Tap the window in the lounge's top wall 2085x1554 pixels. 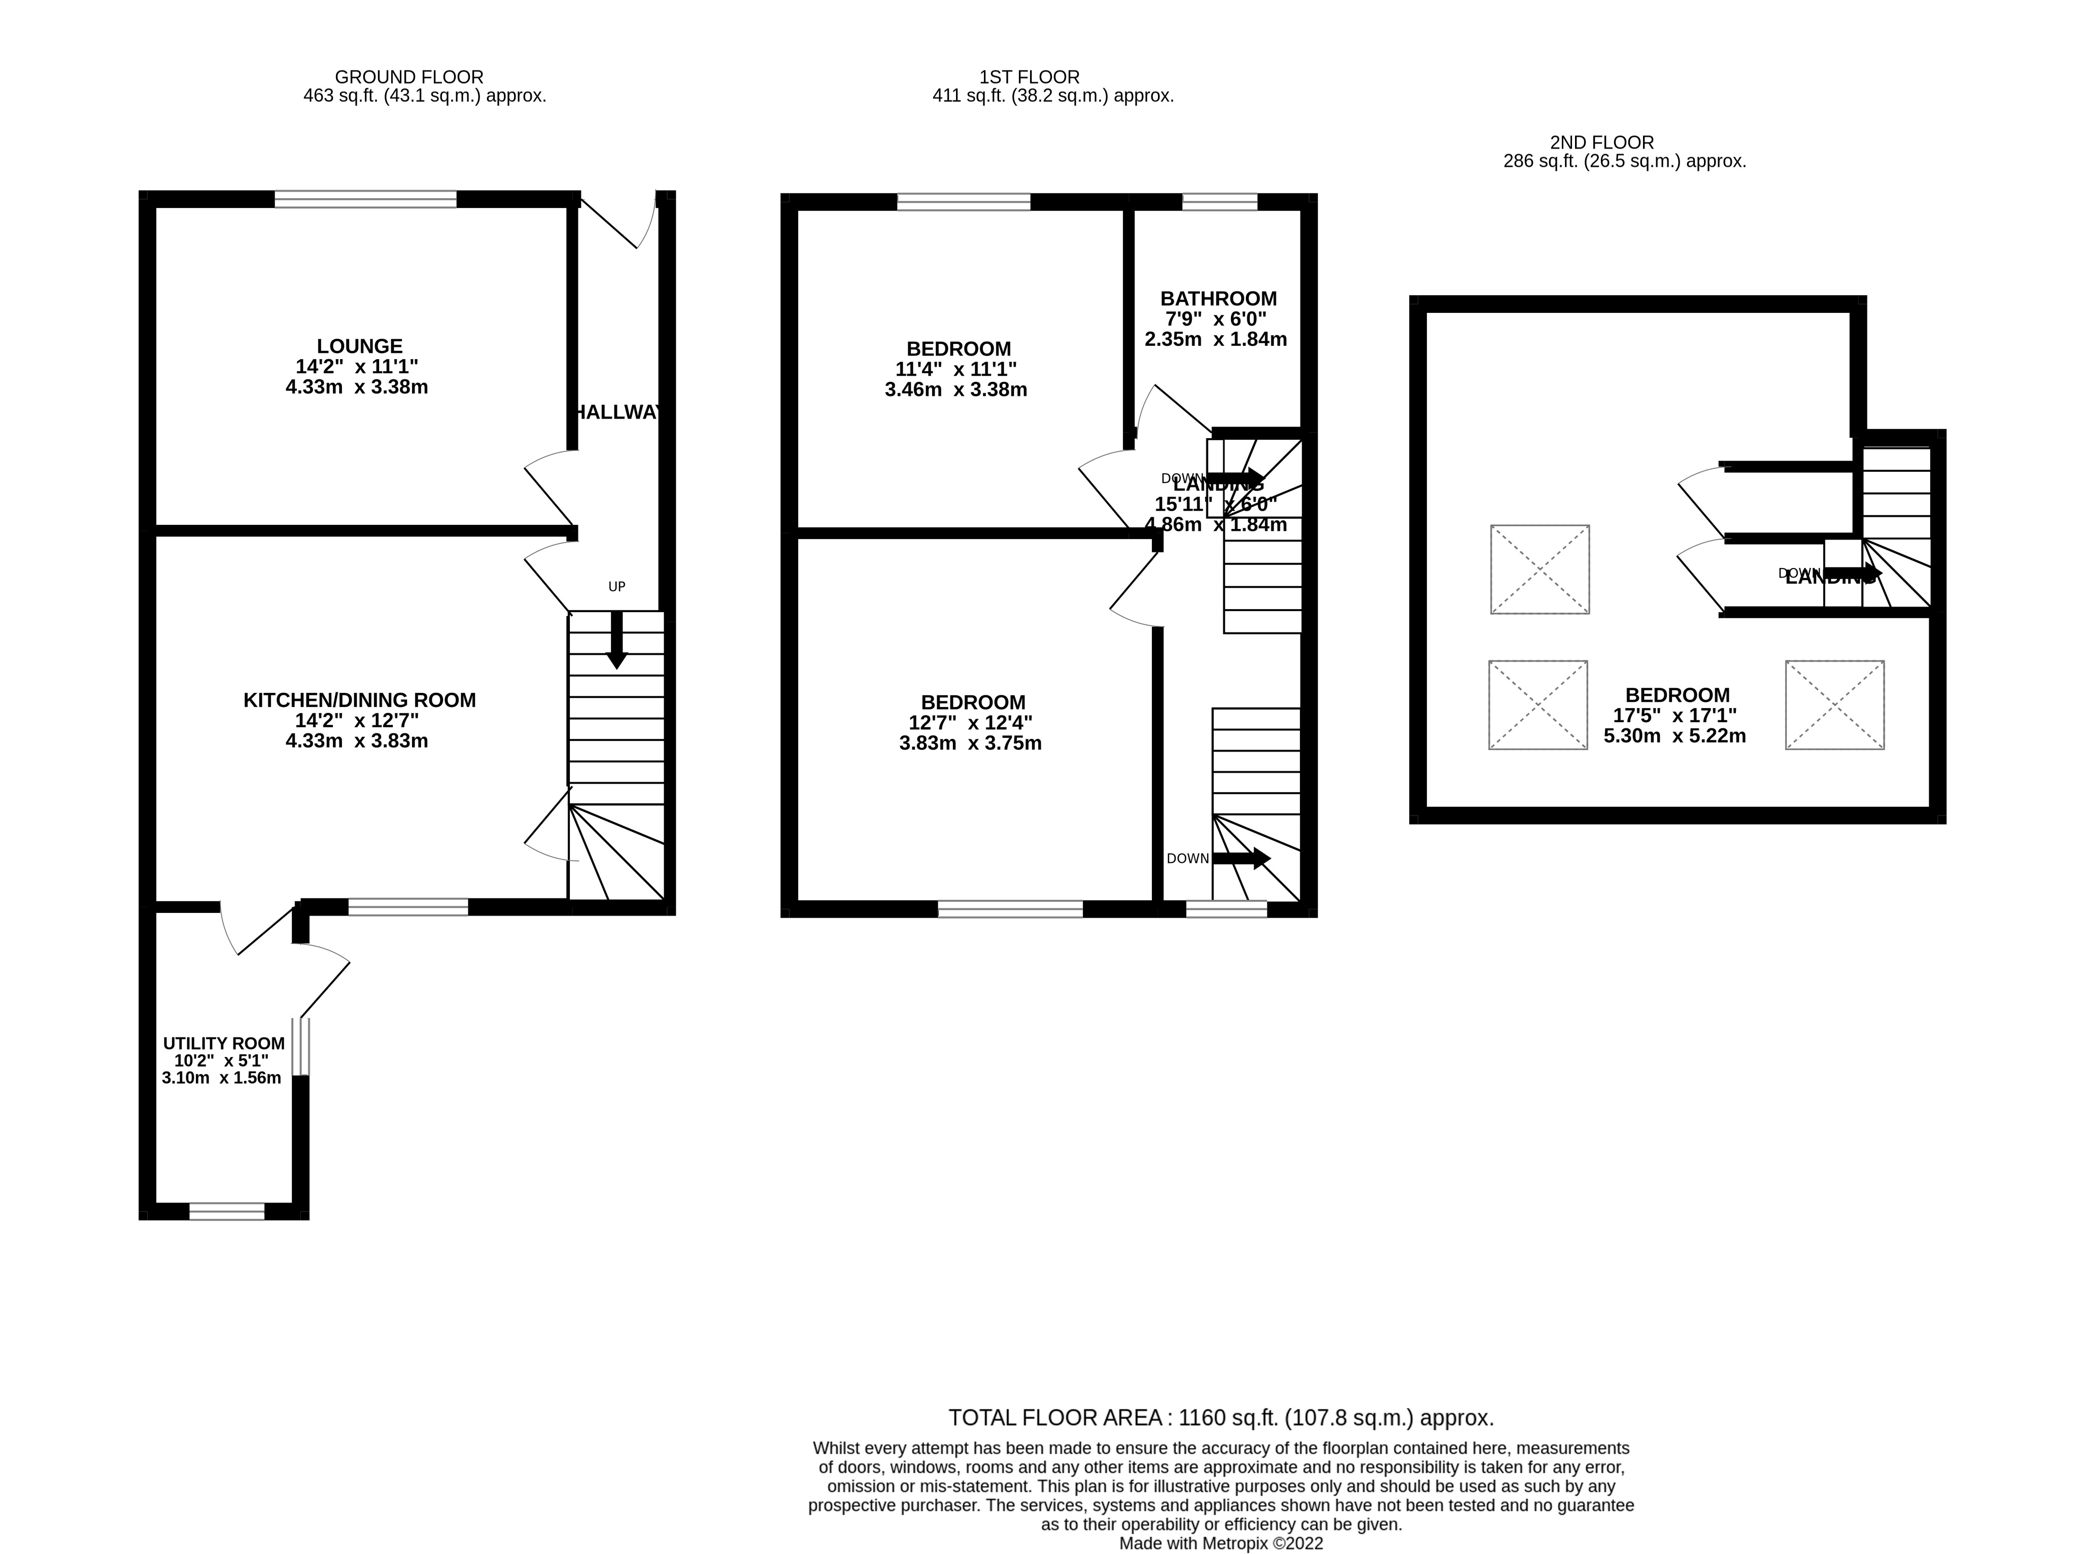(x=365, y=198)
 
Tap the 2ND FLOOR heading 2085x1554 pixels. (x=1601, y=143)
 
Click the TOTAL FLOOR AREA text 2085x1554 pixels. (x=1220, y=1418)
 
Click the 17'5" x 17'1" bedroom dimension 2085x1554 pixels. (x=1675, y=716)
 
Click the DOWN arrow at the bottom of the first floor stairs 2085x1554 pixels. (x=1240, y=858)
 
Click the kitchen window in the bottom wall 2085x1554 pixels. (x=407, y=907)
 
